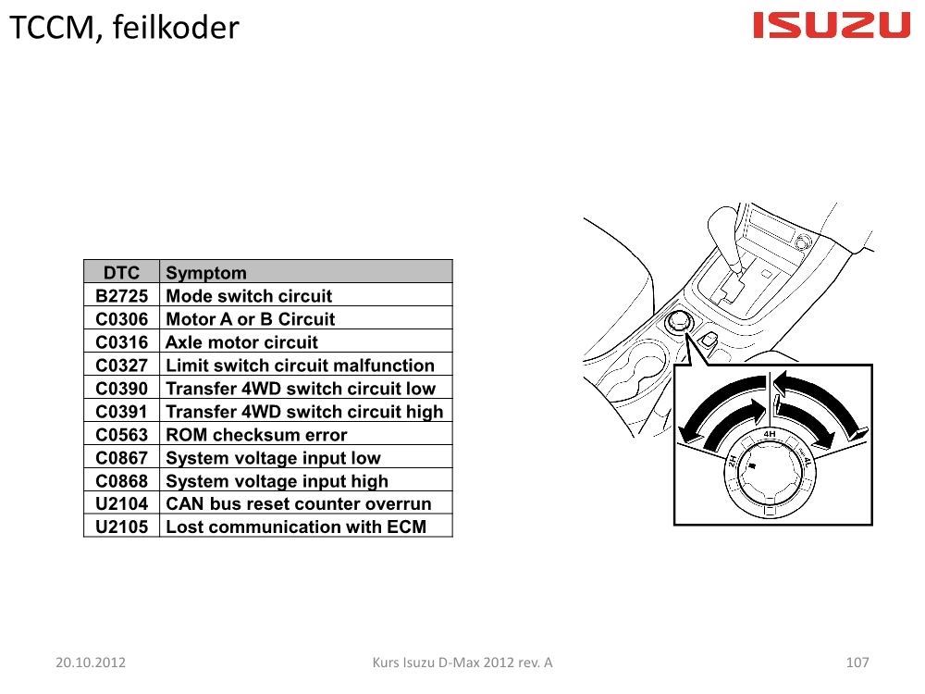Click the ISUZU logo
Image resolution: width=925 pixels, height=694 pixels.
832,25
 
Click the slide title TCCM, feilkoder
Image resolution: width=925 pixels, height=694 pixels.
125,28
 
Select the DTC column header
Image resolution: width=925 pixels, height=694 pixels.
121,273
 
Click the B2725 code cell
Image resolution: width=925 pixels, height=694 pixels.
121,296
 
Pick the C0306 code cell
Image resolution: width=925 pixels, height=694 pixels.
121,318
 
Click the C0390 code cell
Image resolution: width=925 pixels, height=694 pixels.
121,389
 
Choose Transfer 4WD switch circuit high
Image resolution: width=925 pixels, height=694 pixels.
304,412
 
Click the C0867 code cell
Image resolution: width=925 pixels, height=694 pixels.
121,458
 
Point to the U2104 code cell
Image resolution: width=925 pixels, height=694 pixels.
121,504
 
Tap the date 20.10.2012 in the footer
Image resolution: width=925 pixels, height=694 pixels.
91,663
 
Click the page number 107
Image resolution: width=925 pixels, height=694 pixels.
857,663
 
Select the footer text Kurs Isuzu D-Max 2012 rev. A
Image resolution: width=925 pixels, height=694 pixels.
462,663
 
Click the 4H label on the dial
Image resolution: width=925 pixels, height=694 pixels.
770,434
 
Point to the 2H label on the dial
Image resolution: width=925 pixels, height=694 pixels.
732,461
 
